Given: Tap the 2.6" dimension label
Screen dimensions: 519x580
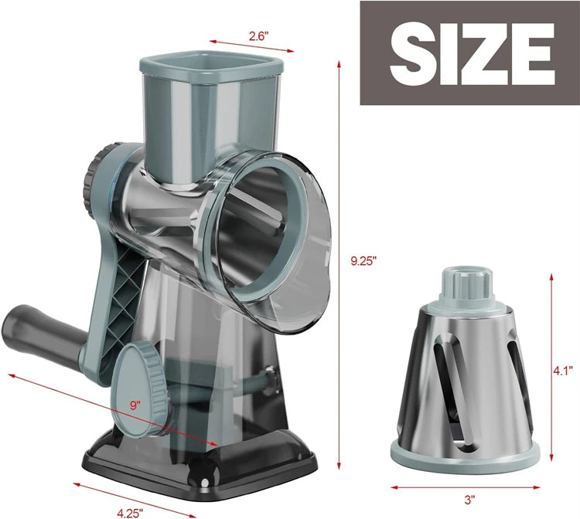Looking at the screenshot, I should click(x=238, y=35).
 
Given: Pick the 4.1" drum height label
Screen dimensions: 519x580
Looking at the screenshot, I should click(x=563, y=371).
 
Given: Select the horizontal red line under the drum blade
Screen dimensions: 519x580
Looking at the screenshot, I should click(x=465, y=487).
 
